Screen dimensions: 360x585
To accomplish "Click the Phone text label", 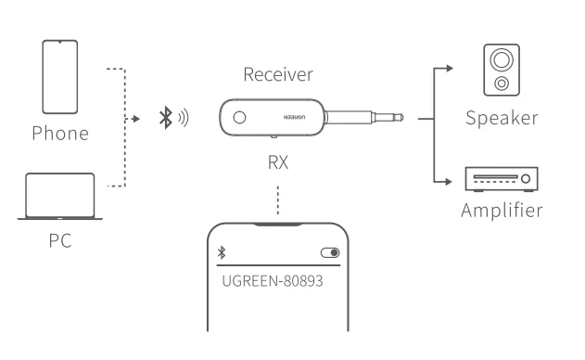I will coord(60,132).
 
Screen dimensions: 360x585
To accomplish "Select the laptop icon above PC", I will coord(60,196).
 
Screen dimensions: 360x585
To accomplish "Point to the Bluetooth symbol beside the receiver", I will coord(166,118).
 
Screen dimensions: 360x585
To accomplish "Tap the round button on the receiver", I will coord(239,118).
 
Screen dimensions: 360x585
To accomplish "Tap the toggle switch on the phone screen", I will coord(329,252).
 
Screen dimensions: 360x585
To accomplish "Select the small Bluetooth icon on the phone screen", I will coord(221,252).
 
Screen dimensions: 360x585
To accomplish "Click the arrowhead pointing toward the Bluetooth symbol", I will coord(138,119).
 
